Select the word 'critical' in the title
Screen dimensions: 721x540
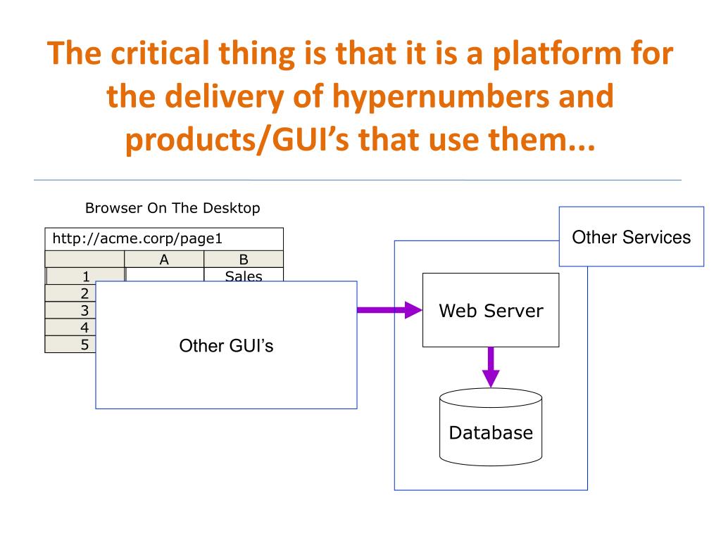(160, 53)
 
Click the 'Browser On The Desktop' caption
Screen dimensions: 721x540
(173, 208)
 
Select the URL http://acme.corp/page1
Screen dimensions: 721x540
(137, 239)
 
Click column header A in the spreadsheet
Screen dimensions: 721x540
(164, 259)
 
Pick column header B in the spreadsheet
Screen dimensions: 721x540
(244, 259)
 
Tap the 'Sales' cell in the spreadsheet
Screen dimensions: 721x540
(244, 276)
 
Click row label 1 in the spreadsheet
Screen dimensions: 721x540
(85, 276)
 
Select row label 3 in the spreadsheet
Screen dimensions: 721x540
(84, 310)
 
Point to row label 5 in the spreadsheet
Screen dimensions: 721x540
(84, 345)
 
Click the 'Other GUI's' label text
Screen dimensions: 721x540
(226, 346)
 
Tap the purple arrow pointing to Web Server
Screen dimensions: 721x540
(389, 310)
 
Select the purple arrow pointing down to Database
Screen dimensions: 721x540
(491, 367)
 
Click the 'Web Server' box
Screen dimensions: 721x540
(491, 310)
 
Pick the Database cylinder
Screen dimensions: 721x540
(491, 427)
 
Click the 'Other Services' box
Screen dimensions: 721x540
(632, 236)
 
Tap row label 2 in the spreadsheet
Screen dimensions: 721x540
(84, 293)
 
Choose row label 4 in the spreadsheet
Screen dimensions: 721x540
(84, 328)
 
